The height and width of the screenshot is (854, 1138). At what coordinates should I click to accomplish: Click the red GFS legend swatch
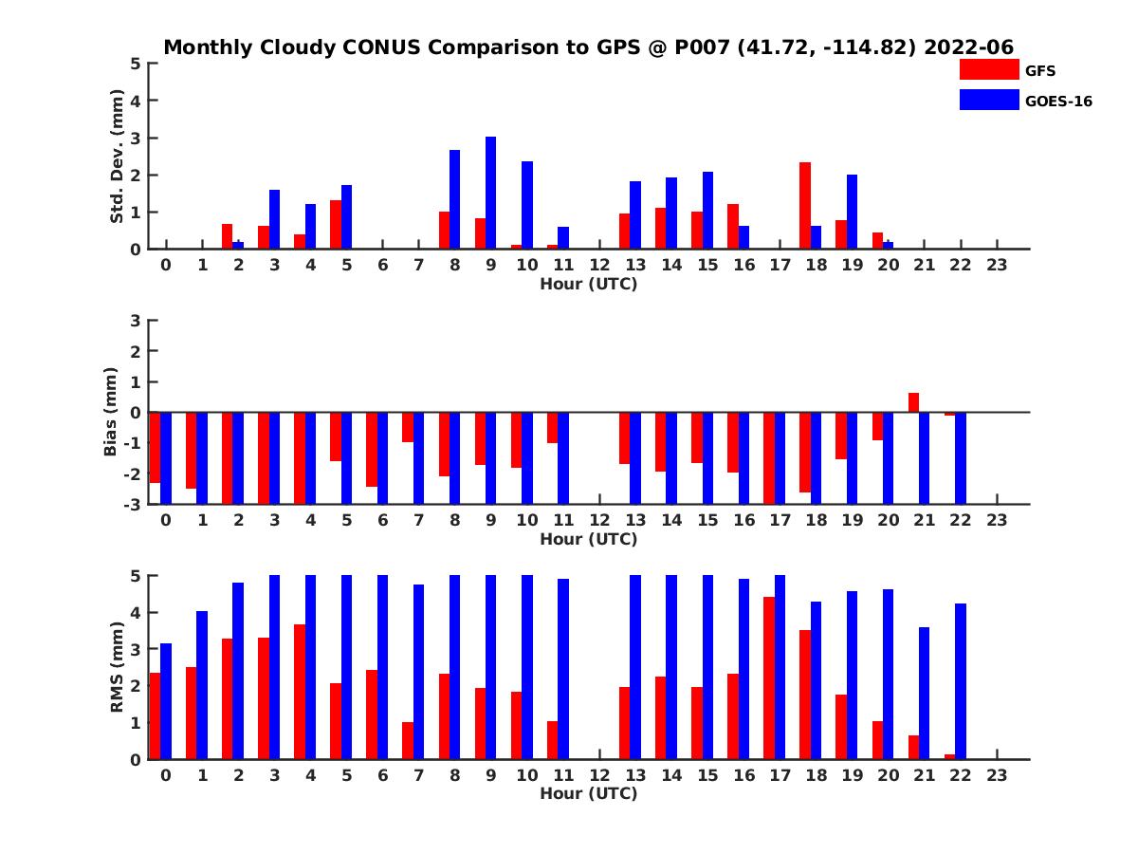988,69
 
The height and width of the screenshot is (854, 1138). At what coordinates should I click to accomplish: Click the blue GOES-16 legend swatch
988,100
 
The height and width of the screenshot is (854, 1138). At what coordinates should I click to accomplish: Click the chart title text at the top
589,46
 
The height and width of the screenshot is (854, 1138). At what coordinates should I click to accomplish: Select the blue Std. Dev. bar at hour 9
490,193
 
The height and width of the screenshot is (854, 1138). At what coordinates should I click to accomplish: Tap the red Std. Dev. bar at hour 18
804,206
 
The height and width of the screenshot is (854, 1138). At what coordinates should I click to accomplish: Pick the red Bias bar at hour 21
913,402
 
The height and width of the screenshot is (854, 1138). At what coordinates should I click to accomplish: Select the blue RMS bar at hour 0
166,701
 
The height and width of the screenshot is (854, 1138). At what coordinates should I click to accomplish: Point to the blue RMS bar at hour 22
961,681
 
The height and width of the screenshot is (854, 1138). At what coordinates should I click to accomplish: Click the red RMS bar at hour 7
407,740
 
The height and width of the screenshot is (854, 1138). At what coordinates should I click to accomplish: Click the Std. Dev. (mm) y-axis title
118,157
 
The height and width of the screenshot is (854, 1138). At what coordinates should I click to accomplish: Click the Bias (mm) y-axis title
111,413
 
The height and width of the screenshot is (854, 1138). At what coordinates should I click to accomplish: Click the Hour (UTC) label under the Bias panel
588,539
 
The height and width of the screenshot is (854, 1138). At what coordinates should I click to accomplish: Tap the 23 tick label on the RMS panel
996,776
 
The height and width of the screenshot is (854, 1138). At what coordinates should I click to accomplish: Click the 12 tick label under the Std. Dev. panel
599,266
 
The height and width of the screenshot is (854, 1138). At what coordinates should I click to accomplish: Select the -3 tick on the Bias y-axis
133,505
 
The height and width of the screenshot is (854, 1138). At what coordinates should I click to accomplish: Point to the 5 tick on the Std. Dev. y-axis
137,64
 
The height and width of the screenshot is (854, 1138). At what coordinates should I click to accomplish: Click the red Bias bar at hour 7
407,427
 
